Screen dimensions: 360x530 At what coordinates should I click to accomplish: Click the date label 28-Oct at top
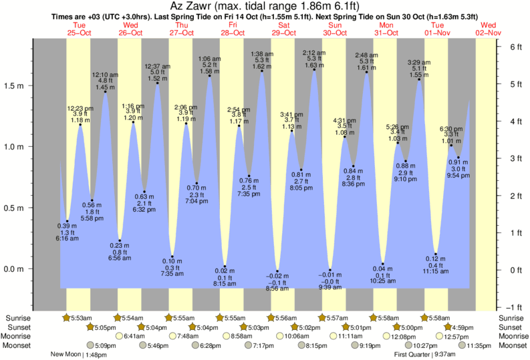click(x=233, y=33)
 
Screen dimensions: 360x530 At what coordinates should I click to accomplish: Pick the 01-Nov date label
click(x=438, y=33)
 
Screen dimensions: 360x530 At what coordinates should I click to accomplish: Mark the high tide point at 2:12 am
click(x=314, y=69)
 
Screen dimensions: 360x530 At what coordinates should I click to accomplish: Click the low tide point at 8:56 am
click(x=277, y=271)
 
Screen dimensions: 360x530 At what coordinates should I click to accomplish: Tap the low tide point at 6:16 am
click(x=67, y=221)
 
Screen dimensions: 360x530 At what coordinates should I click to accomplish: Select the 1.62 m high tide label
click(x=261, y=67)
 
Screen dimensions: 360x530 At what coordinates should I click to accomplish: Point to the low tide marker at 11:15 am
click(x=436, y=254)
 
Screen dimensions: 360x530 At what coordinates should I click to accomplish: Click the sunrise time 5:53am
click(x=78, y=317)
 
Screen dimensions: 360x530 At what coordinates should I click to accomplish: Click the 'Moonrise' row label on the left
click(x=21, y=337)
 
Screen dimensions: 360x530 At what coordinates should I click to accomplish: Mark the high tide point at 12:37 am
click(x=158, y=83)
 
